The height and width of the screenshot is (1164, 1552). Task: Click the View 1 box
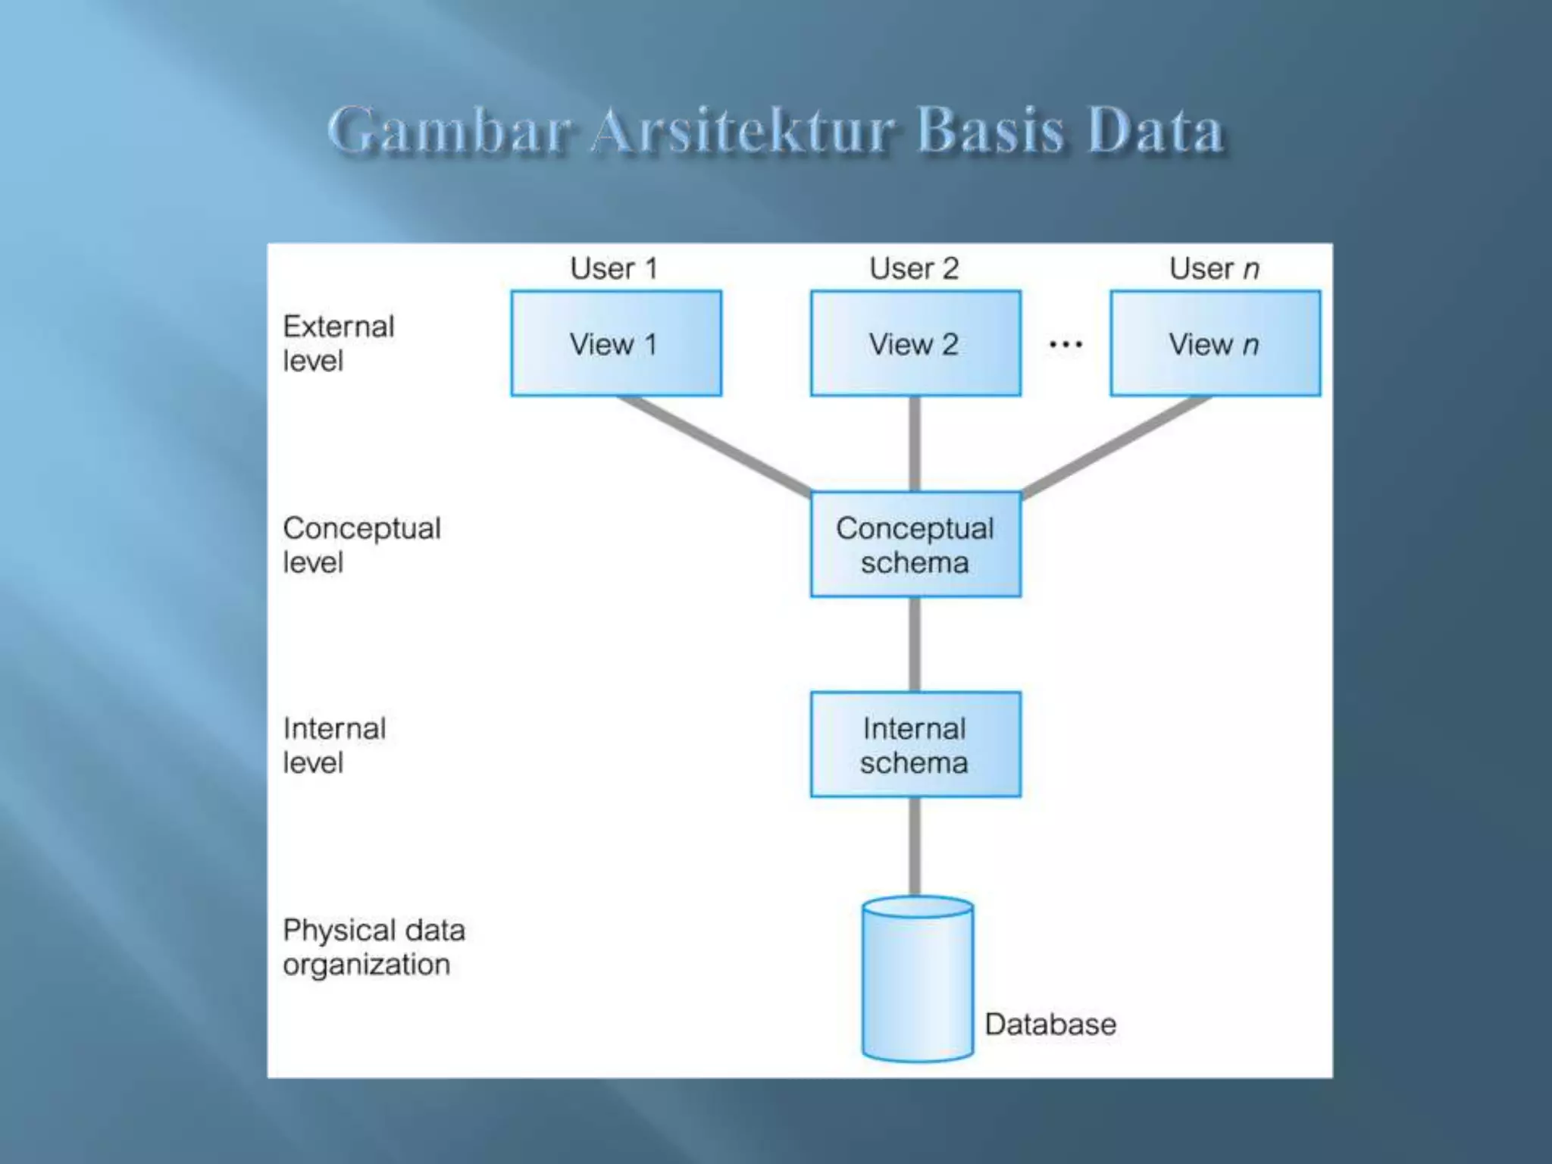(615, 343)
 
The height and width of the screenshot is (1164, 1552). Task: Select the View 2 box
(915, 343)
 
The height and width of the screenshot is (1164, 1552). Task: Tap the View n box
(1215, 343)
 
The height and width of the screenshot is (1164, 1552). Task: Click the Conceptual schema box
(915, 544)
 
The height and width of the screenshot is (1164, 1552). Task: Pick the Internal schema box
(915, 744)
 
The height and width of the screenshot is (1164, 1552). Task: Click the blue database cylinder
(918, 981)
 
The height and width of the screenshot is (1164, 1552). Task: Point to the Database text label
(1050, 1025)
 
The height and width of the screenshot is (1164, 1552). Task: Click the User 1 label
(614, 268)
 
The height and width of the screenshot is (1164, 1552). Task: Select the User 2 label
(914, 268)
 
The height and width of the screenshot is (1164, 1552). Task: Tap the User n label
(1214, 268)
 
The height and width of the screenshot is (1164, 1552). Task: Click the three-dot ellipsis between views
(1065, 345)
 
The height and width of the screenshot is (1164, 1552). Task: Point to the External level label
(339, 343)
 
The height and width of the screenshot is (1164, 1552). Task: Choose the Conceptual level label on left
(361, 545)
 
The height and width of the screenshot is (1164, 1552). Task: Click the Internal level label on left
(334, 745)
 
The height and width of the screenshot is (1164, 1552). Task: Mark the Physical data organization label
(374, 947)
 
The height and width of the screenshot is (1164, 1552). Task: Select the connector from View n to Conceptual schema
(1116, 445)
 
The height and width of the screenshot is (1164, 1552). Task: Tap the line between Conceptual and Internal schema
(915, 644)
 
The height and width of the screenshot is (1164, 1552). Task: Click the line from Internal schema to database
(915, 846)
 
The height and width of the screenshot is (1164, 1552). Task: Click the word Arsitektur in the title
(743, 130)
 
